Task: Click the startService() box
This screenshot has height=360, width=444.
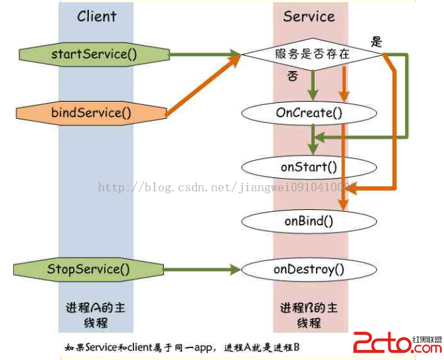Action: click(x=94, y=54)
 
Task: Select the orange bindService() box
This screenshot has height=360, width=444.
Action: click(x=91, y=112)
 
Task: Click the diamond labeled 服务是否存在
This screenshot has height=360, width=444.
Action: click(x=312, y=54)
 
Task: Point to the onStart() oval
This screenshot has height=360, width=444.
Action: click(x=309, y=167)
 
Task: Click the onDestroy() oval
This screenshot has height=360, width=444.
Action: click(x=309, y=269)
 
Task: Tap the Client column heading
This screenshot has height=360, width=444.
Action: click(x=97, y=16)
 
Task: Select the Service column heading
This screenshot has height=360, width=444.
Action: click(x=309, y=16)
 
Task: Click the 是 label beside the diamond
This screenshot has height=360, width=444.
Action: click(x=377, y=42)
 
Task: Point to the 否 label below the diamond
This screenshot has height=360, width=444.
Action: click(x=292, y=76)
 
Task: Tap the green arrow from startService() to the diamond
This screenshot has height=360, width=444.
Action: click(x=202, y=54)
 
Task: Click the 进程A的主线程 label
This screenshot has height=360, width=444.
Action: click(x=96, y=315)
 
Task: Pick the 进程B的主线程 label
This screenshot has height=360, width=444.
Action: click(x=309, y=315)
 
